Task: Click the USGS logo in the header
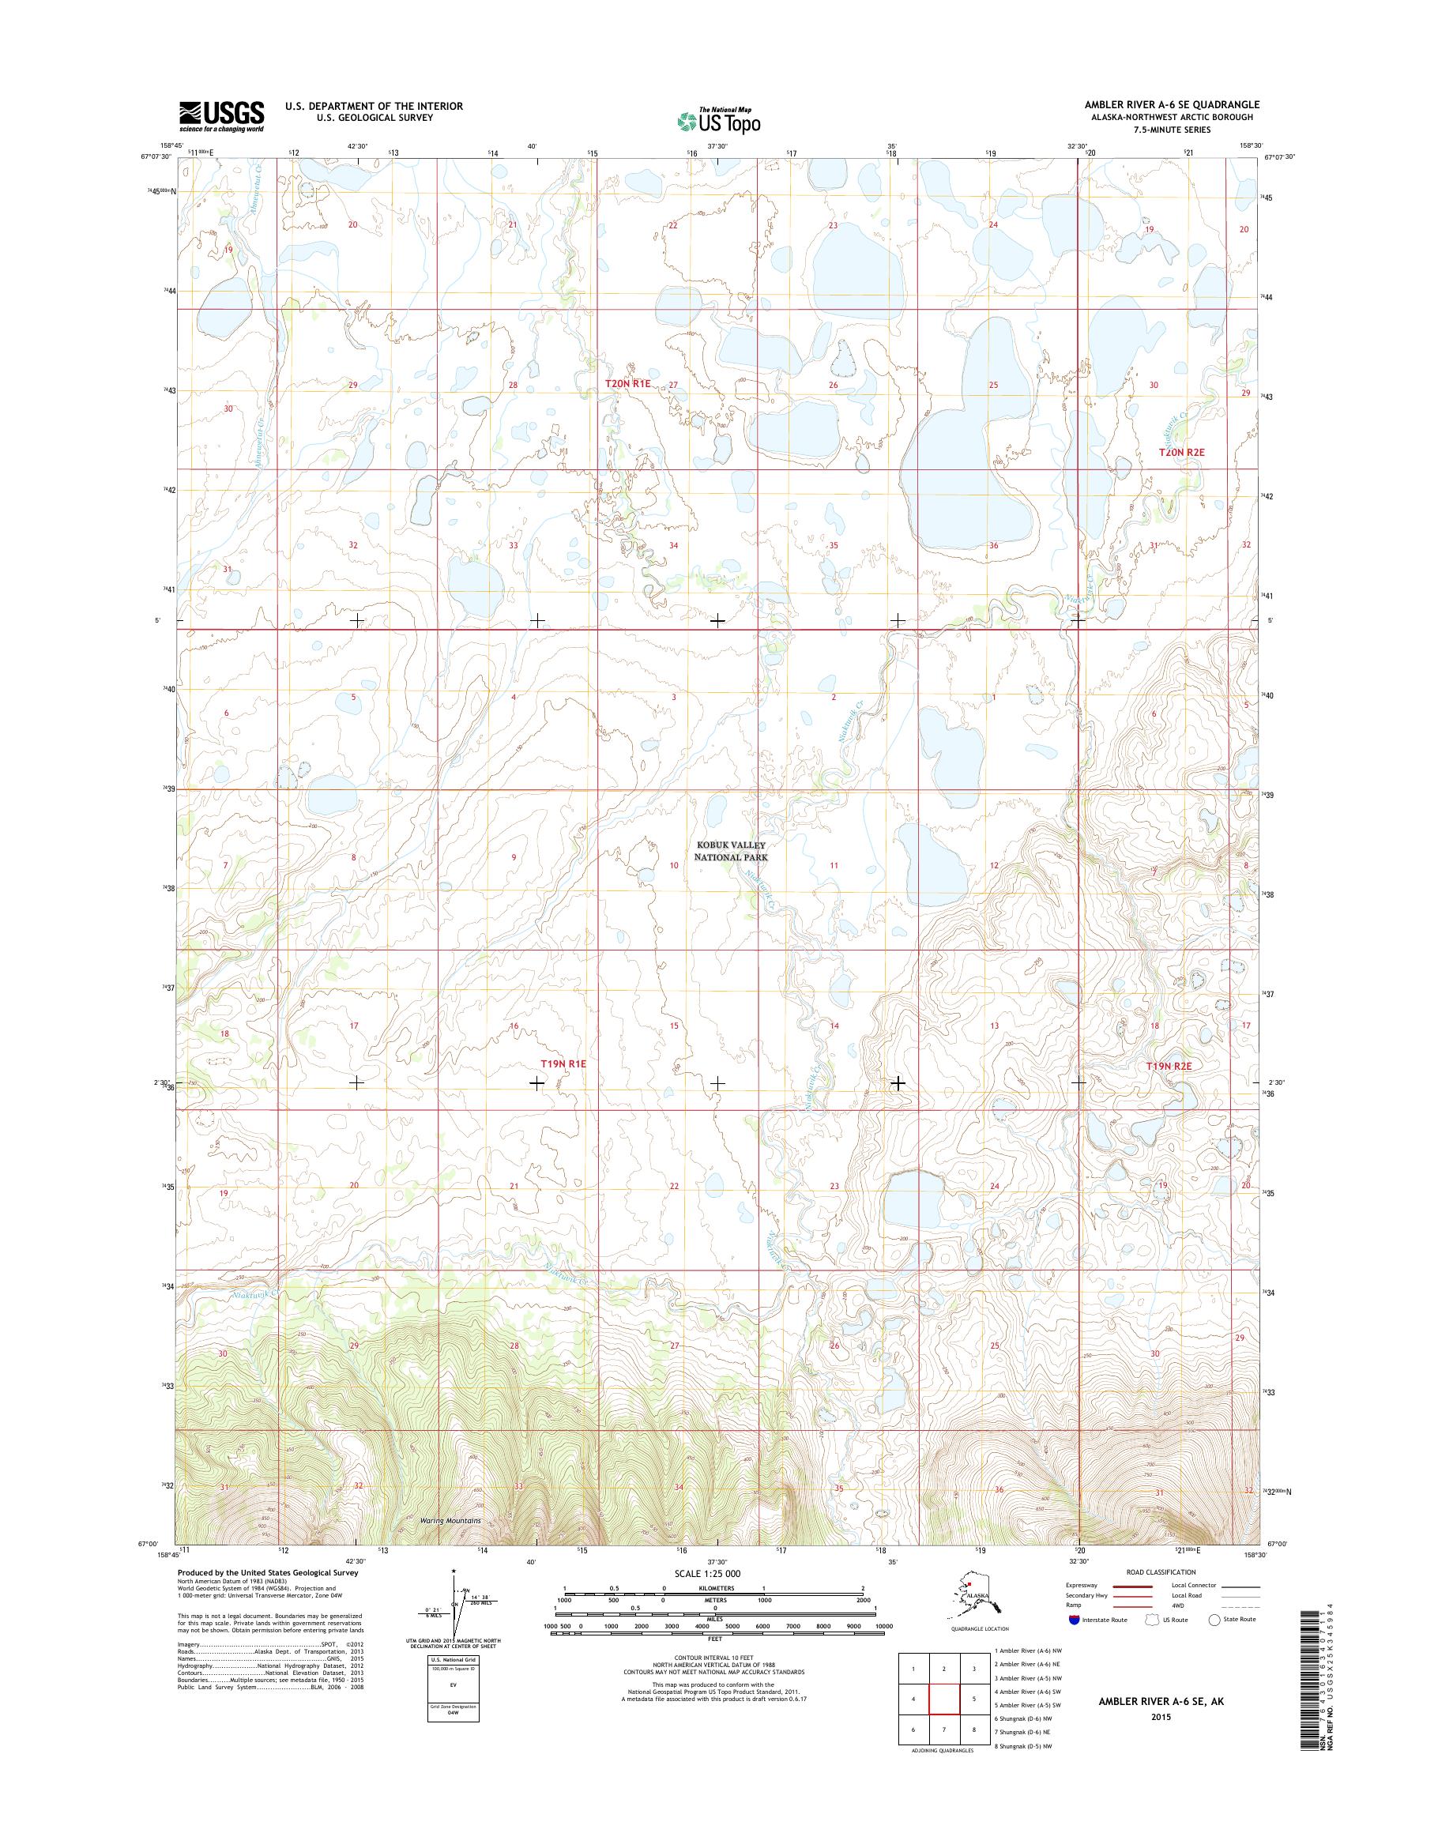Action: pyautogui.click(x=220, y=115)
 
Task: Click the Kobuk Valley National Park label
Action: pyautogui.click(x=730, y=850)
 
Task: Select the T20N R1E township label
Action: pyautogui.click(x=628, y=383)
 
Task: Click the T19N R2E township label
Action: pyautogui.click(x=1169, y=1065)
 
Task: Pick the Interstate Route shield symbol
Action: pyautogui.click(x=1074, y=1619)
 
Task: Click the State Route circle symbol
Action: pyautogui.click(x=1214, y=1619)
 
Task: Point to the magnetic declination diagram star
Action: pyautogui.click(x=454, y=1571)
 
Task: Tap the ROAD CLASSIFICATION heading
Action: pyautogui.click(x=1161, y=1572)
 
